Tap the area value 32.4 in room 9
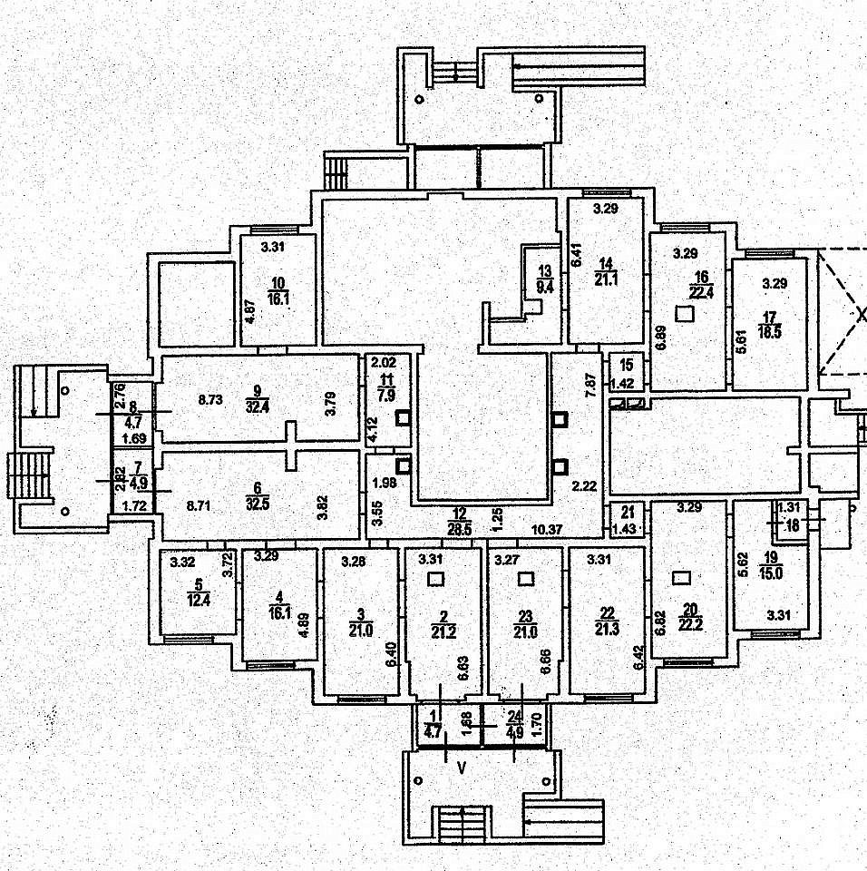(x=256, y=406)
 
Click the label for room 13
(x=544, y=271)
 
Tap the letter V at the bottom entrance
(x=462, y=768)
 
